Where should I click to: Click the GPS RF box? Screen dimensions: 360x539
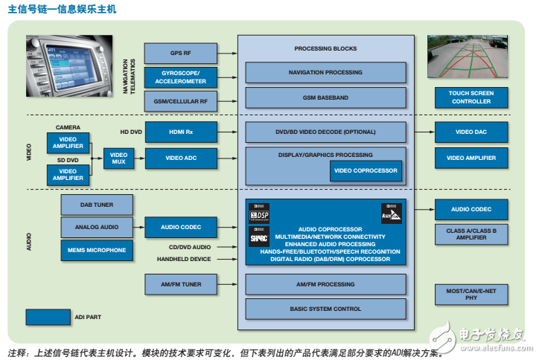[181, 53]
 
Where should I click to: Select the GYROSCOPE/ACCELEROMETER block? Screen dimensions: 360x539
[181, 77]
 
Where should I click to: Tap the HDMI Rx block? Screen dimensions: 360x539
[181, 132]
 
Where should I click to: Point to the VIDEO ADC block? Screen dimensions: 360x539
[181, 158]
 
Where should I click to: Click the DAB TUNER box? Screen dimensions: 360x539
[97, 204]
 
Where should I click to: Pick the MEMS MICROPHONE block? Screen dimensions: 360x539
[97, 251]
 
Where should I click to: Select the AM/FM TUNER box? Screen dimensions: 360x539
[181, 284]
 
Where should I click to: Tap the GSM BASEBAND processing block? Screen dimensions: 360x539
[325, 97]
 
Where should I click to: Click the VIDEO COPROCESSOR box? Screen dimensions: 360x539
[366, 170]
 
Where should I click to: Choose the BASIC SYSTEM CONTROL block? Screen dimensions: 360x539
[325, 308]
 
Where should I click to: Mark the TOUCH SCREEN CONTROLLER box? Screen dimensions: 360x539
[471, 97]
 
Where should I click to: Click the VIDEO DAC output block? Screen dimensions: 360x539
[471, 132]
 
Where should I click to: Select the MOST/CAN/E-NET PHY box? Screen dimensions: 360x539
[471, 295]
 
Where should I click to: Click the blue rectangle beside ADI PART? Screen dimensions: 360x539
[48, 317]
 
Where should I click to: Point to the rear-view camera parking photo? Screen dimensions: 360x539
[471, 57]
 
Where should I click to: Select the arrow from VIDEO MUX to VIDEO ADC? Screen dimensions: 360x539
[137, 158]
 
